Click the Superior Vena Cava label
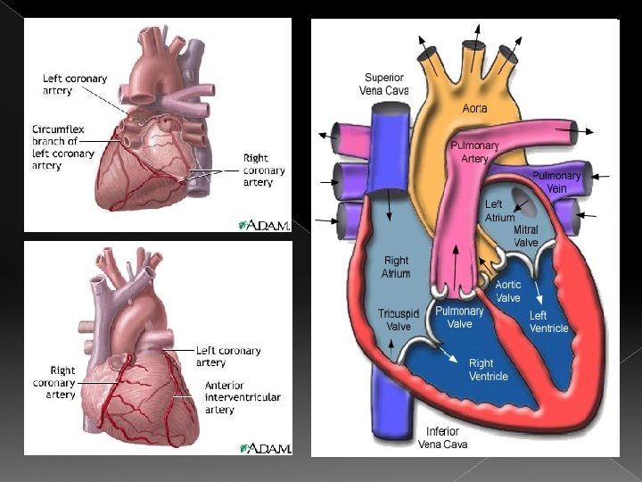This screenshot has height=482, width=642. (x=383, y=84)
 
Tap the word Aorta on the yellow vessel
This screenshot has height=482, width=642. (x=474, y=108)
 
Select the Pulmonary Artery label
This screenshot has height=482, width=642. (x=474, y=152)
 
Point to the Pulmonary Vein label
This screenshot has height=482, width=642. (x=556, y=182)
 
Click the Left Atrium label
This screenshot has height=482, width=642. (x=499, y=211)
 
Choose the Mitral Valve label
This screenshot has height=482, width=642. (x=526, y=236)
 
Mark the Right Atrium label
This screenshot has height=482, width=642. (x=396, y=267)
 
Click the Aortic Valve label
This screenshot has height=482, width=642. (x=508, y=291)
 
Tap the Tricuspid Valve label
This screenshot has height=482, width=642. (x=394, y=320)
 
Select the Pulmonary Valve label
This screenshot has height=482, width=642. (x=459, y=318)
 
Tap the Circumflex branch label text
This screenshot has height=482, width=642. (x=62, y=147)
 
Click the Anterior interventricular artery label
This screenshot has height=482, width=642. (x=243, y=397)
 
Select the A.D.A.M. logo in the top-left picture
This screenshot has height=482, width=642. (x=265, y=225)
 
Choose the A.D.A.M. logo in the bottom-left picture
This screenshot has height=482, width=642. (x=265, y=447)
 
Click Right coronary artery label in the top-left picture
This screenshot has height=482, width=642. (x=264, y=170)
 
